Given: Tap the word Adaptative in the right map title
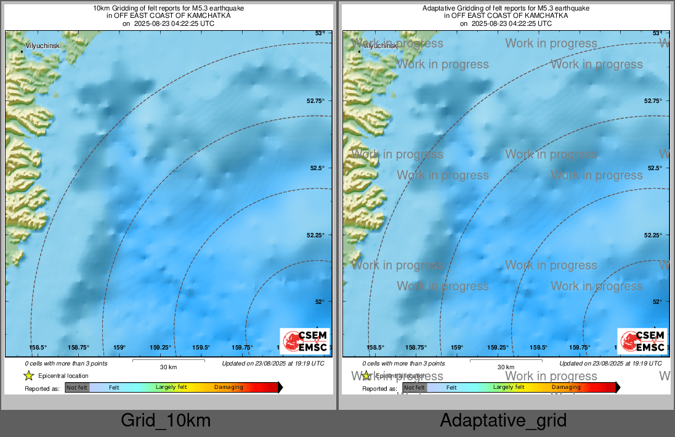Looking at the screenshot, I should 439,8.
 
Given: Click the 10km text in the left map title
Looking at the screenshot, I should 100,8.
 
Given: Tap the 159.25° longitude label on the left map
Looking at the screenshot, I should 160,348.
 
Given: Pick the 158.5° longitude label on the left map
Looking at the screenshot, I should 39,348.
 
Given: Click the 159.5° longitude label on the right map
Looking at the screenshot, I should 539,348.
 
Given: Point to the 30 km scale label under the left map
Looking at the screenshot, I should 169,367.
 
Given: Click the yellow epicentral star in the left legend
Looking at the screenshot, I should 28,375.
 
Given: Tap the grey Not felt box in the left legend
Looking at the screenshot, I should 77,387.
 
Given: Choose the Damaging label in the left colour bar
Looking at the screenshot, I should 228,387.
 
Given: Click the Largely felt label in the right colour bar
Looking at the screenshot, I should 509,387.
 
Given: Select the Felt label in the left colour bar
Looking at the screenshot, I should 114,387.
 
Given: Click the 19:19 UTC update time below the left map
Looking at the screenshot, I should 303,364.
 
